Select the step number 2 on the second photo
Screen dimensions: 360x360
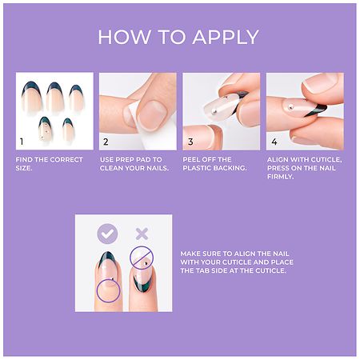[106, 142]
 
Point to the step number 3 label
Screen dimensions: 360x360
[190, 142]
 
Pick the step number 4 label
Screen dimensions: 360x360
[274, 142]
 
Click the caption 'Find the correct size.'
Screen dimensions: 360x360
[49, 163]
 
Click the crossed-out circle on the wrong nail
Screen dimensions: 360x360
[142, 258]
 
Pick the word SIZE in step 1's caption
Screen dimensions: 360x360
[26, 167]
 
